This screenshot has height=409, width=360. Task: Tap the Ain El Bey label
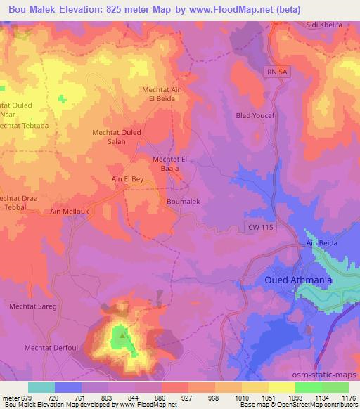click(x=127, y=179)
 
